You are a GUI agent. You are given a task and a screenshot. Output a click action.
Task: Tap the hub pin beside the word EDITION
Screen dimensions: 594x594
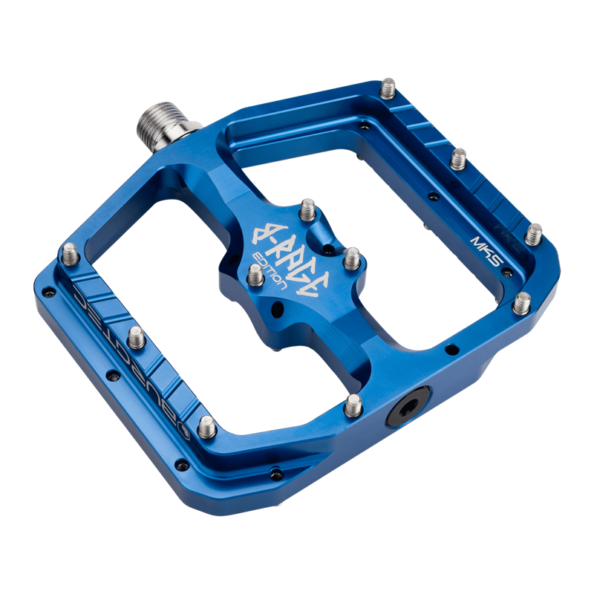pos(255,275)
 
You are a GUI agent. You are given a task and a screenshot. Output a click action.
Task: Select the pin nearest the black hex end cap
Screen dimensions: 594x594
pos(353,404)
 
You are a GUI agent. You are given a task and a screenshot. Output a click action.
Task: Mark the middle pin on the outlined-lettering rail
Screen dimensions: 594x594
pos(137,338)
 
